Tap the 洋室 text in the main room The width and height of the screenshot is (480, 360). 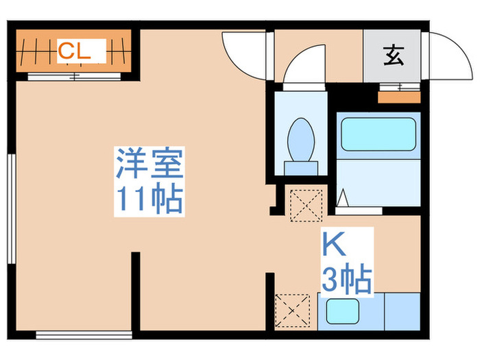click(148, 164)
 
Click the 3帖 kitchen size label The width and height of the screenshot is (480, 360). click(346, 280)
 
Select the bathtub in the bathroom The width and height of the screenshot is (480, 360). click(378, 134)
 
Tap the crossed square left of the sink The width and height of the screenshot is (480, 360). click(293, 312)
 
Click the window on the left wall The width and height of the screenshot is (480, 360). click(10, 209)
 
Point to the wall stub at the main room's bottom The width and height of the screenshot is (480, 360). click(136, 288)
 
